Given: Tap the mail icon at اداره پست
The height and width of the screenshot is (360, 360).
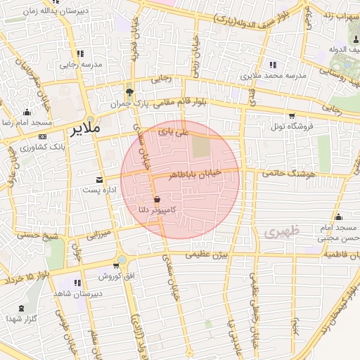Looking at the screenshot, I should click(98, 179).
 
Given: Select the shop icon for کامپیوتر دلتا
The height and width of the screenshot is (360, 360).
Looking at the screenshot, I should click(157, 199).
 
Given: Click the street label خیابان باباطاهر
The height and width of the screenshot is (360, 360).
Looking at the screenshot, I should click(200, 174).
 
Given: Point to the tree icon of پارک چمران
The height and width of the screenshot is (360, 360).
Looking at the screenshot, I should click(129, 92).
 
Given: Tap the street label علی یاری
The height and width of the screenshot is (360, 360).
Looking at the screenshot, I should click(174, 131).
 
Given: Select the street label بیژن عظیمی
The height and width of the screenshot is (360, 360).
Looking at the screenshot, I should click(207, 256).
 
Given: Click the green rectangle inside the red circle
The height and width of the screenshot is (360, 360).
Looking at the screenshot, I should click(201, 146).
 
